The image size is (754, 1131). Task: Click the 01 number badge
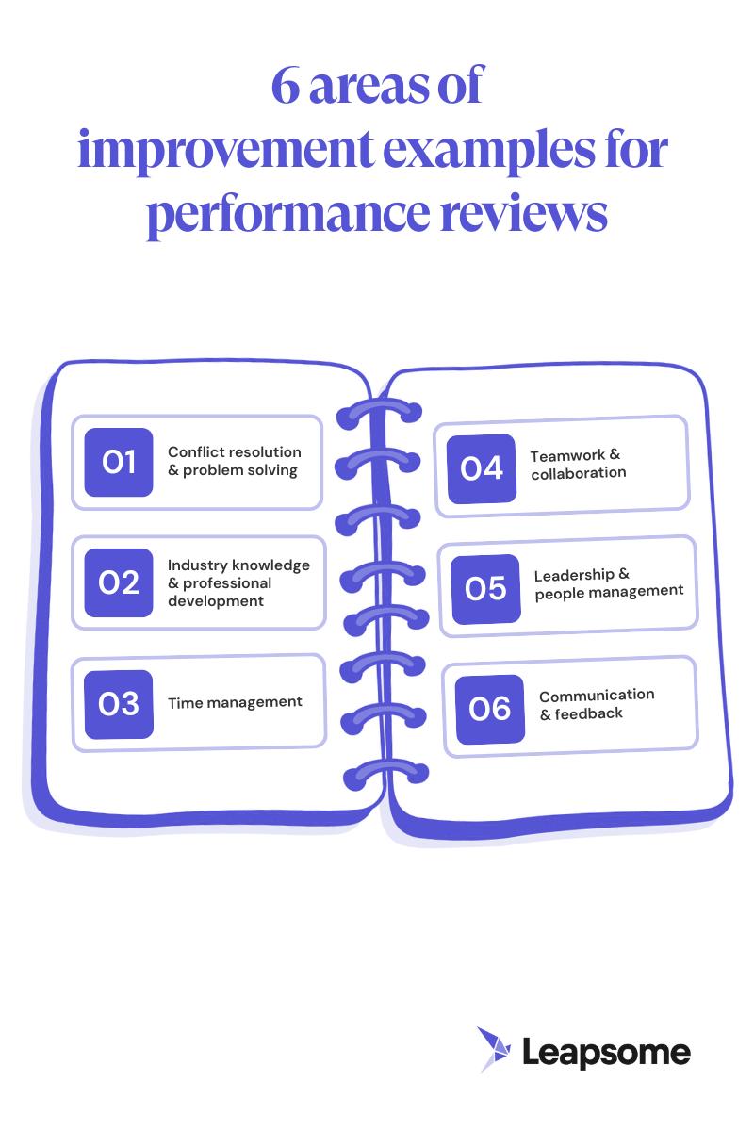119,462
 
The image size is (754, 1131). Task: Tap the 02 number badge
119,582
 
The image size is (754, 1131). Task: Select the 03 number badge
119,703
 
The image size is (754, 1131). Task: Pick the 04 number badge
482,467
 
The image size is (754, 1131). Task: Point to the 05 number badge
485,589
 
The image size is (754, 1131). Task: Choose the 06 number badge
490,709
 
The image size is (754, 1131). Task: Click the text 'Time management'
235,702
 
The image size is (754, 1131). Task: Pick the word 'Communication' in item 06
597,695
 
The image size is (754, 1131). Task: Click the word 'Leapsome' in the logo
606,1052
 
